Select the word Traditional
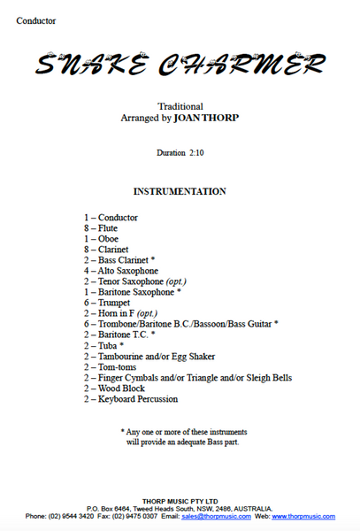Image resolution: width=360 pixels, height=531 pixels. coord(180,106)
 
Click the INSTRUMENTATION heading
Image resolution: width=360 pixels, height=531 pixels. coord(179,191)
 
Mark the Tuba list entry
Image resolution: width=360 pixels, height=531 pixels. coord(104,346)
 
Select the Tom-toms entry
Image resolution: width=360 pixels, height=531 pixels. coord(111,367)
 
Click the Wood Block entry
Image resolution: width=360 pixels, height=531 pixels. coord(114,389)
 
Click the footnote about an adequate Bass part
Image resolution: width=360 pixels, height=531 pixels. coord(181,435)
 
